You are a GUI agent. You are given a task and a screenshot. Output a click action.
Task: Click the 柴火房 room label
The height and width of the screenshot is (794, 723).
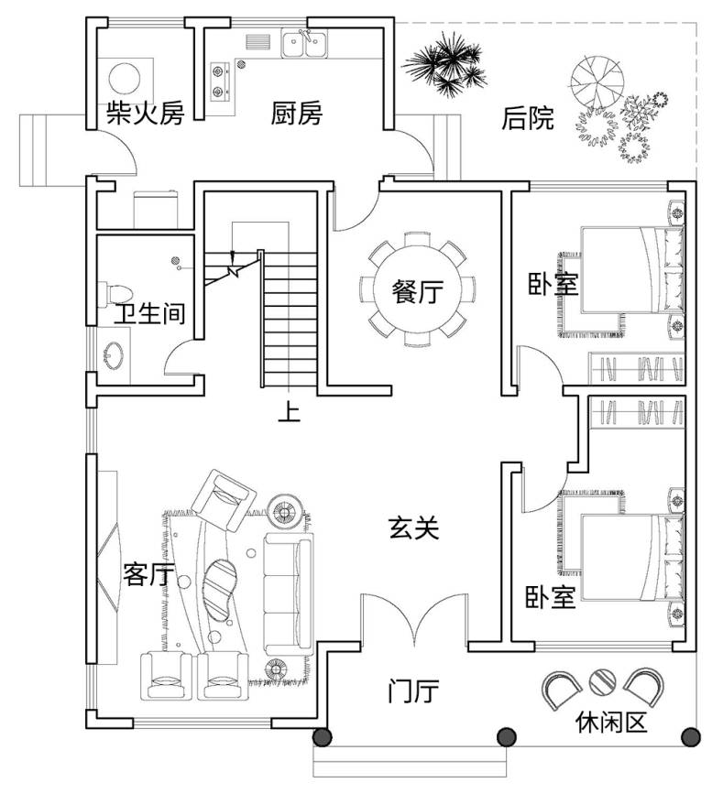tap(146, 114)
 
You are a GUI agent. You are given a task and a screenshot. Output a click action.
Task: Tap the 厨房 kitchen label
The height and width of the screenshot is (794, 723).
tap(296, 114)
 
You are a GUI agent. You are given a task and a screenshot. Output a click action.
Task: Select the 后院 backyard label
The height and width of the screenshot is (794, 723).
tap(528, 118)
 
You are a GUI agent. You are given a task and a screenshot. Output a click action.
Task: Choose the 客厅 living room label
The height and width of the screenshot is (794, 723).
tap(148, 574)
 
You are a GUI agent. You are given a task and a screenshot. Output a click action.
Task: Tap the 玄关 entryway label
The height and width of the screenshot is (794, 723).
tap(414, 528)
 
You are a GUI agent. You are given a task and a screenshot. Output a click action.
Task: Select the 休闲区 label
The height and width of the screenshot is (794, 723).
tap(611, 723)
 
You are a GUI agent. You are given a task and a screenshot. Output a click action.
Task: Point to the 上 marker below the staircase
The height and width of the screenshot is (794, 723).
tap(289, 414)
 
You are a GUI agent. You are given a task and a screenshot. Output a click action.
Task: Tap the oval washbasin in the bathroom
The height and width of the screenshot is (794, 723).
tap(115, 354)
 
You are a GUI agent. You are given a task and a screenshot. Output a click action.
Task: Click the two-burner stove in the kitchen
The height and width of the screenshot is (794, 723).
tap(220, 80)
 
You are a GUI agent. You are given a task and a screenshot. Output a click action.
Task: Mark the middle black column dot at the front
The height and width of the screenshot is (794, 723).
tap(505, 736)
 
